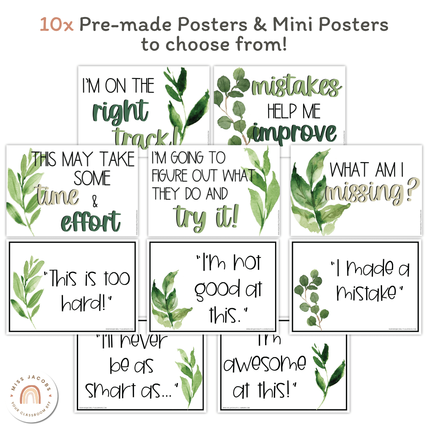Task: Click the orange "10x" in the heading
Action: point(56,25)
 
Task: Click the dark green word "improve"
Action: point(295,133)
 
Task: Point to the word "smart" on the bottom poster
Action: point(111,390)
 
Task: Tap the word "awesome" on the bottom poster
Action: point(265,363)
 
